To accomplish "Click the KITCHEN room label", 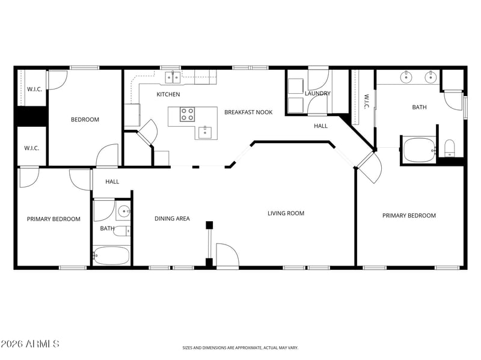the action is (x=168, y=94).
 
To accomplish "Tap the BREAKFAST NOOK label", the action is (x=248, y=112).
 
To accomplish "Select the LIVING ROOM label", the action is (x=286, y=213).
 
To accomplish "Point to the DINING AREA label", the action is (x=172, y=218).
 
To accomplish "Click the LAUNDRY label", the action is (x=317, y=93).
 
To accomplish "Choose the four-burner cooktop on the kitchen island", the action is (x=187, y=114).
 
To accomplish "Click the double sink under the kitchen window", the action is (x=173, y=78).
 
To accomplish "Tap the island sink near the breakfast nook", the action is (x=205, y=132).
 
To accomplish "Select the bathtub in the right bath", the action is (x=420, y=150).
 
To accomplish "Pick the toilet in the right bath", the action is (x=449, y=148).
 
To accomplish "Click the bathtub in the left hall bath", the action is (x=112, y=255).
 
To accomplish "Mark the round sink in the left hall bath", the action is (x=124, y=212).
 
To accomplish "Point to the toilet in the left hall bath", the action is (x=122, y=231).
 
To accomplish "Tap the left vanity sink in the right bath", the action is (x=406, y=78).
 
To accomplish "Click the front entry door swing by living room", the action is (x=227, y=255).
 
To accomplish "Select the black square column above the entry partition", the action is (x=209, y=225).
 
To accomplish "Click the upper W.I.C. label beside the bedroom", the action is (x=34, y=89).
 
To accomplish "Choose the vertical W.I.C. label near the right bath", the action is (x=367, y=101).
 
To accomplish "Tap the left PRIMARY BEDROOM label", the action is (x=54, y=219).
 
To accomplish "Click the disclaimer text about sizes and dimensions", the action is (x=240, y=348).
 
